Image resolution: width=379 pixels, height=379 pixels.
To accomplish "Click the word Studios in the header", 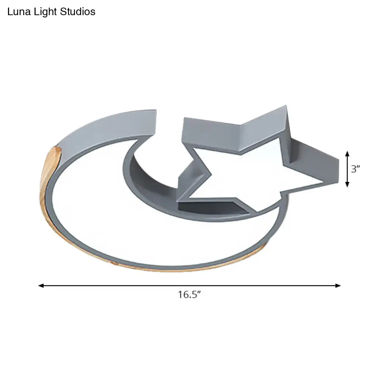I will point(78,12).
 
